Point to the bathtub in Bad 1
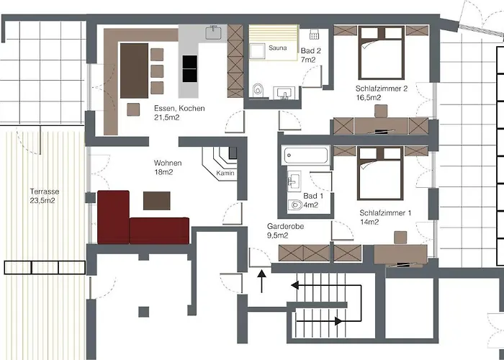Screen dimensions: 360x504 click(306, 155)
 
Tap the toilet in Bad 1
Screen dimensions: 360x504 click(295, 205)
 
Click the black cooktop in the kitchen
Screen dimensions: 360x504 click(190, 69)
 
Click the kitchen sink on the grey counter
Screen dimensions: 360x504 click(214, 32)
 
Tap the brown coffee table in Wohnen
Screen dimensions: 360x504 click(158, 199)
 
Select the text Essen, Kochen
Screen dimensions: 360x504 click(179, 109)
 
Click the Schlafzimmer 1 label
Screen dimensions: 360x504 click(385, 213)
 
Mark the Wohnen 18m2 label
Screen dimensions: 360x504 click(167, 168)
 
